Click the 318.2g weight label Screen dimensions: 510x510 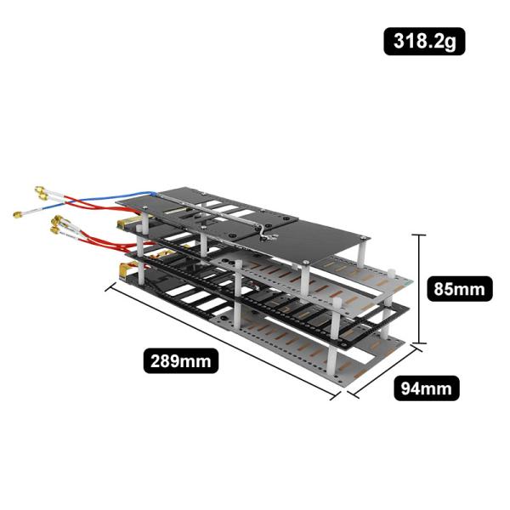click(x=424, y=41)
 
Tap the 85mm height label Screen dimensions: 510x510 click(x=458, y=289)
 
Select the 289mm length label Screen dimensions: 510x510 click(x=180, y=360)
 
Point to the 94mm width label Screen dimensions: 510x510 click(x=426, y=388)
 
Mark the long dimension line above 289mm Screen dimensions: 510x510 click(x=221, y=340)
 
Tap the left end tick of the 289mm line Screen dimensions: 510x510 click(x=109, y=286)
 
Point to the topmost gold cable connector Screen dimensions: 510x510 click(x=39, y=190)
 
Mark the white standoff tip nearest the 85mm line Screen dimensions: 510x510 click(x=392, y=274)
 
